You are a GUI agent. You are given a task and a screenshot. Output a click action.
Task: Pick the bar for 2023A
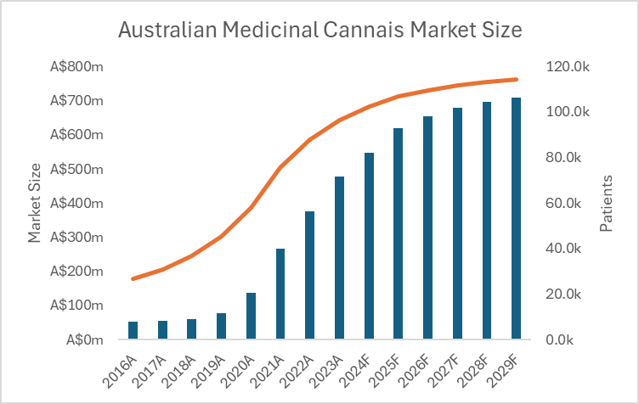(339, 259)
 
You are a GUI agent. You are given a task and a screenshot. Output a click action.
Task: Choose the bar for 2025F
(398, 234)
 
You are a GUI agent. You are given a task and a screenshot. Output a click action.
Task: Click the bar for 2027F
(457, 224)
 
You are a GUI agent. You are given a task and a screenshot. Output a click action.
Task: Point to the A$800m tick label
(78, 67)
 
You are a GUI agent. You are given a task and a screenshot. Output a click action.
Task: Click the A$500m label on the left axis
(78, 169)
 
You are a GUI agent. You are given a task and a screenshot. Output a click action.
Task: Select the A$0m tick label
(84, 339)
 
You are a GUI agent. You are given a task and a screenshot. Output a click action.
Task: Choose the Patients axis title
(607, 204)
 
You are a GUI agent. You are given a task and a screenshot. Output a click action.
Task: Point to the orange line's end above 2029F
(517, 80)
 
